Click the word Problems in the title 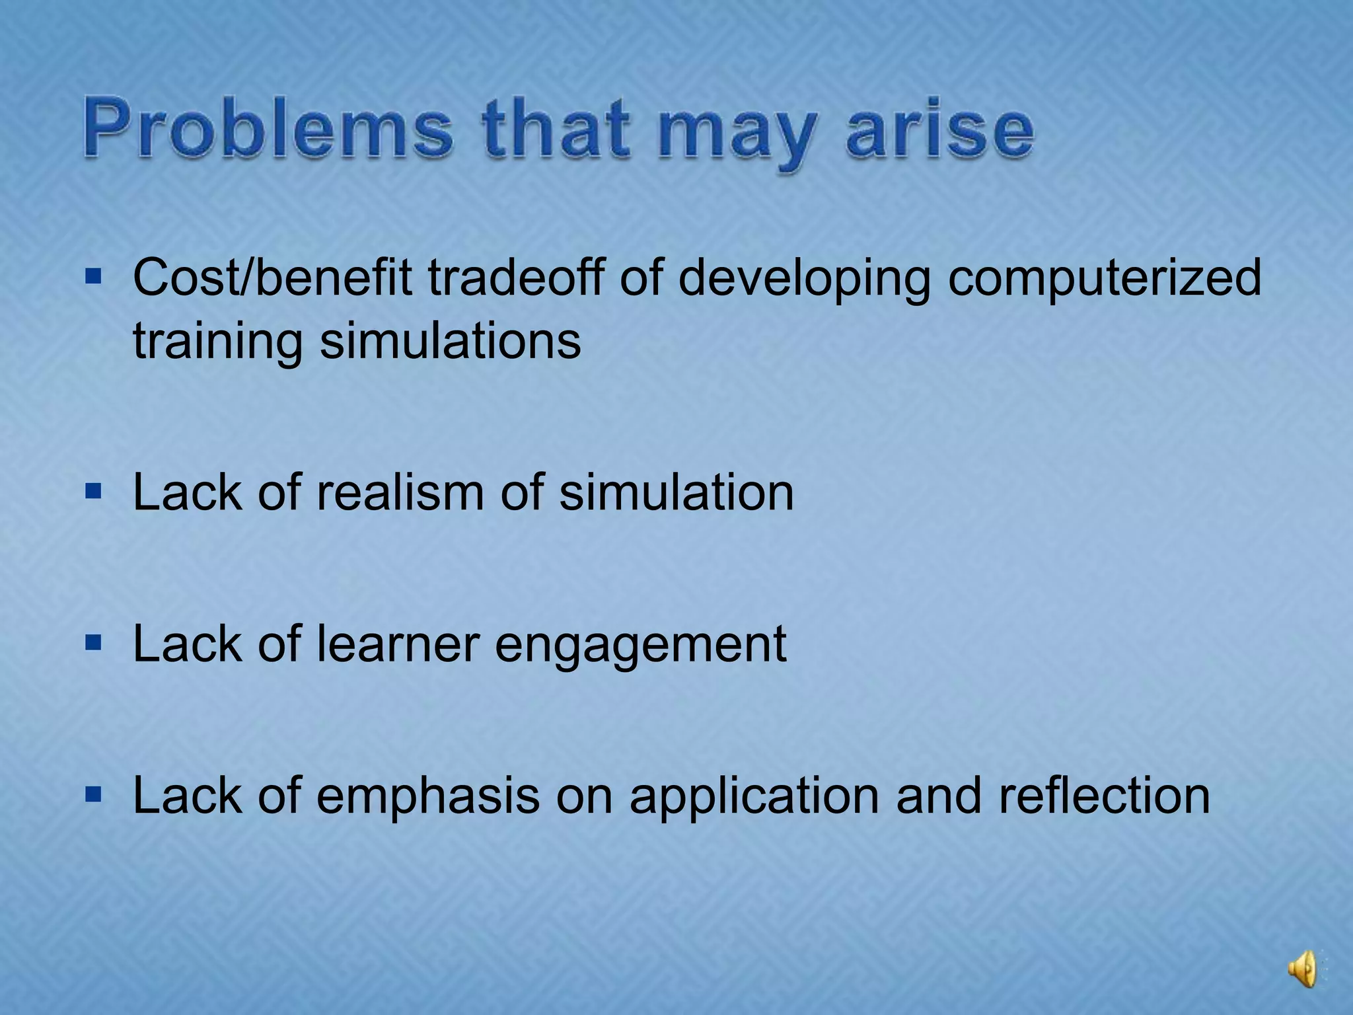tap(268, 129)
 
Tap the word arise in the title tap(939, 129)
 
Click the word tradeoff tap(515, 278)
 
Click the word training tap(217, 341)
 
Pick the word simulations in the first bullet tap(450, 341)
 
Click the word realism tap(400, 493)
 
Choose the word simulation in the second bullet tap(676, 493)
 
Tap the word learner tap(397, 644)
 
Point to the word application tap(754, 797)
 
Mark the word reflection tap(1104, 796)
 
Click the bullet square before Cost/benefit tap(93, 276)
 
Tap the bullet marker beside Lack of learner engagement tap(93, 642)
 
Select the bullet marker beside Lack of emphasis tap(93, 793)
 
